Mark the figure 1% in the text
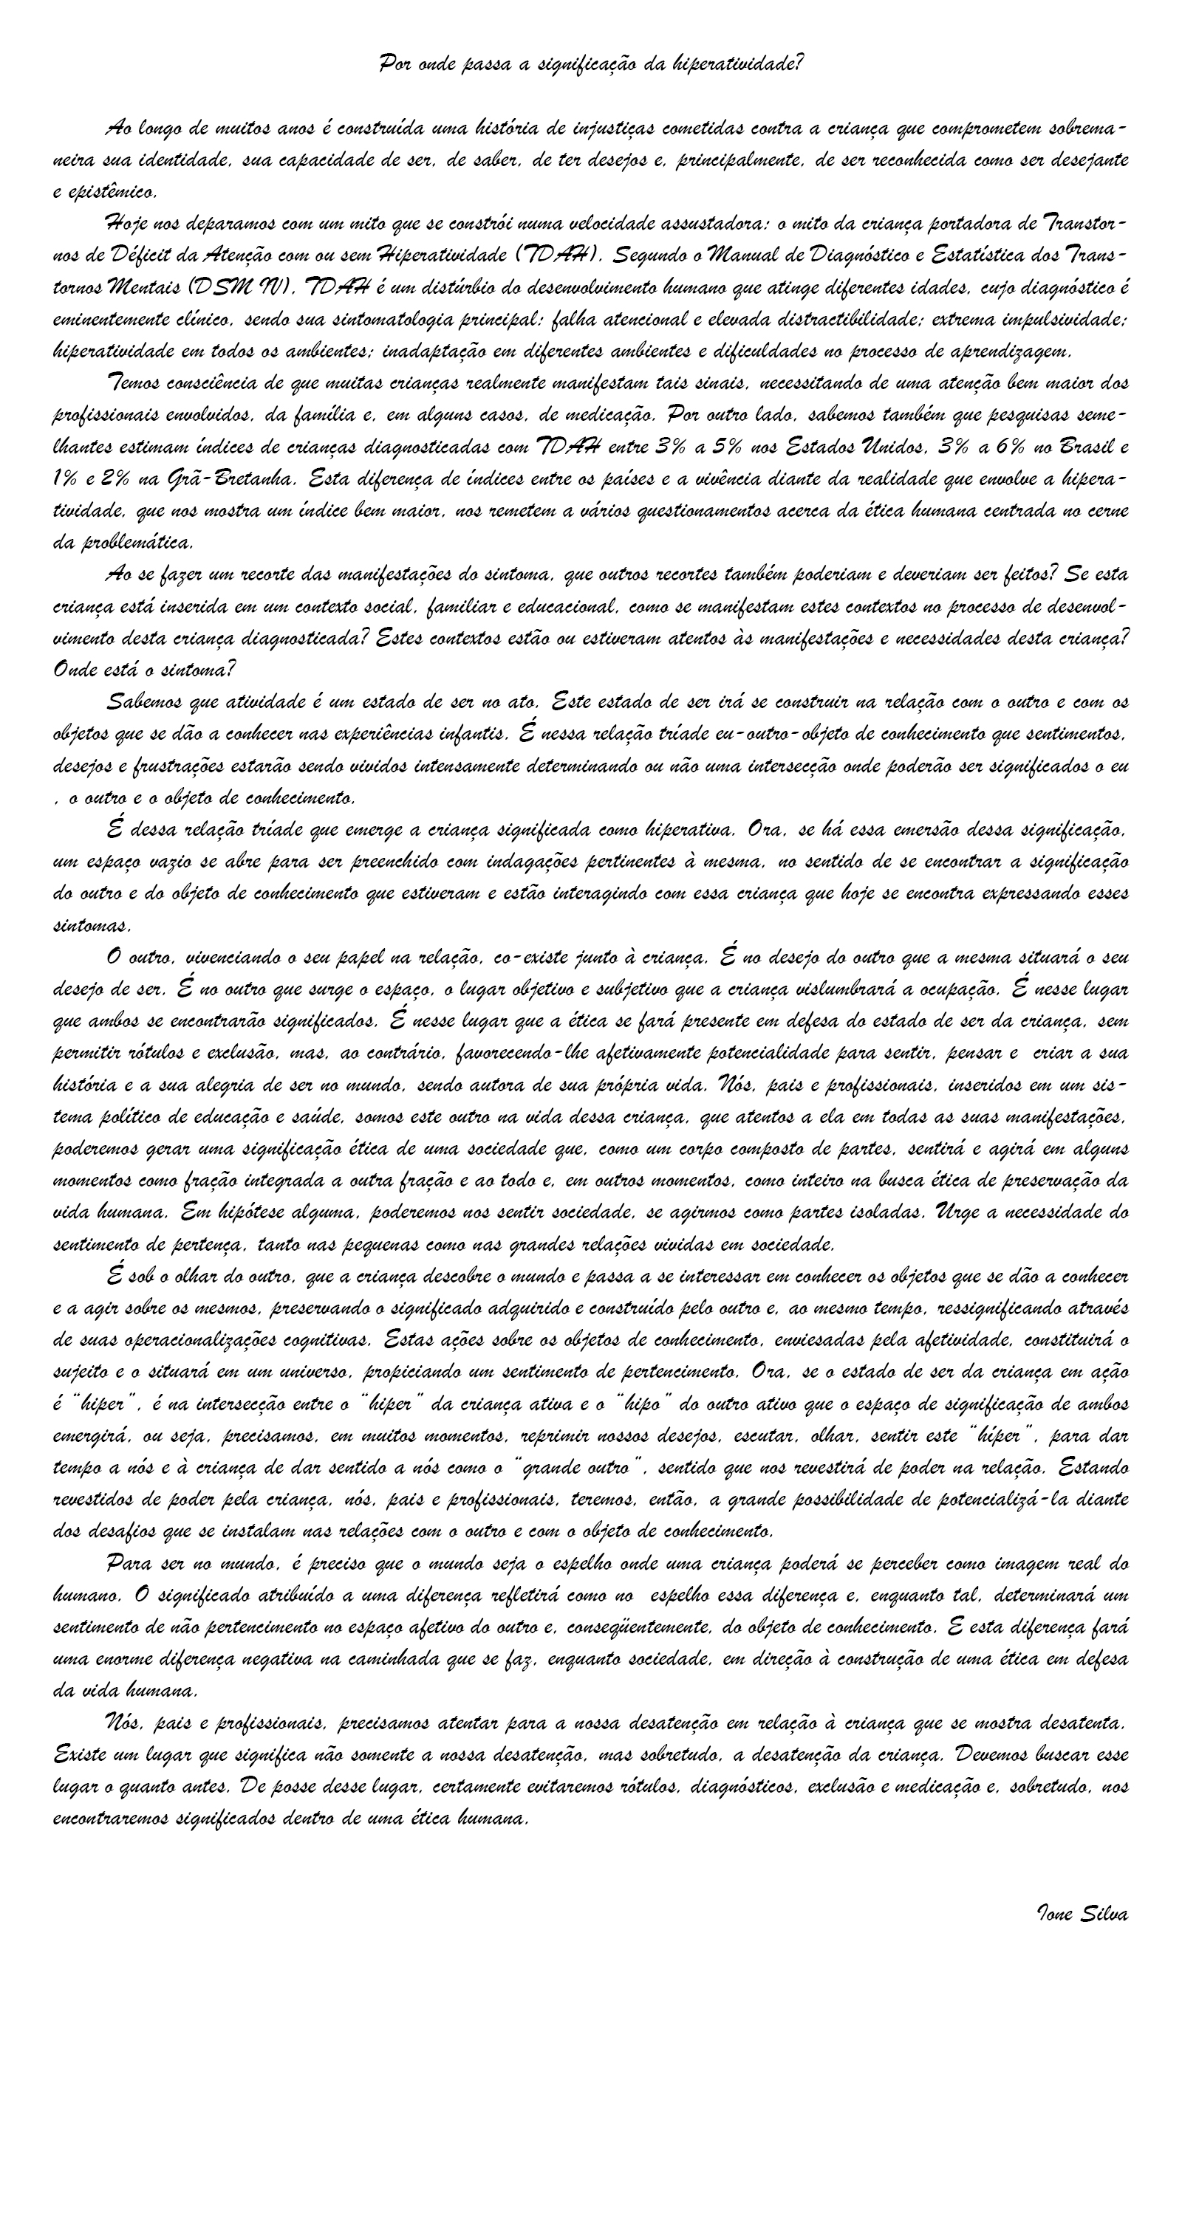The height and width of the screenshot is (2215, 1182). click(x=67, y=479)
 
